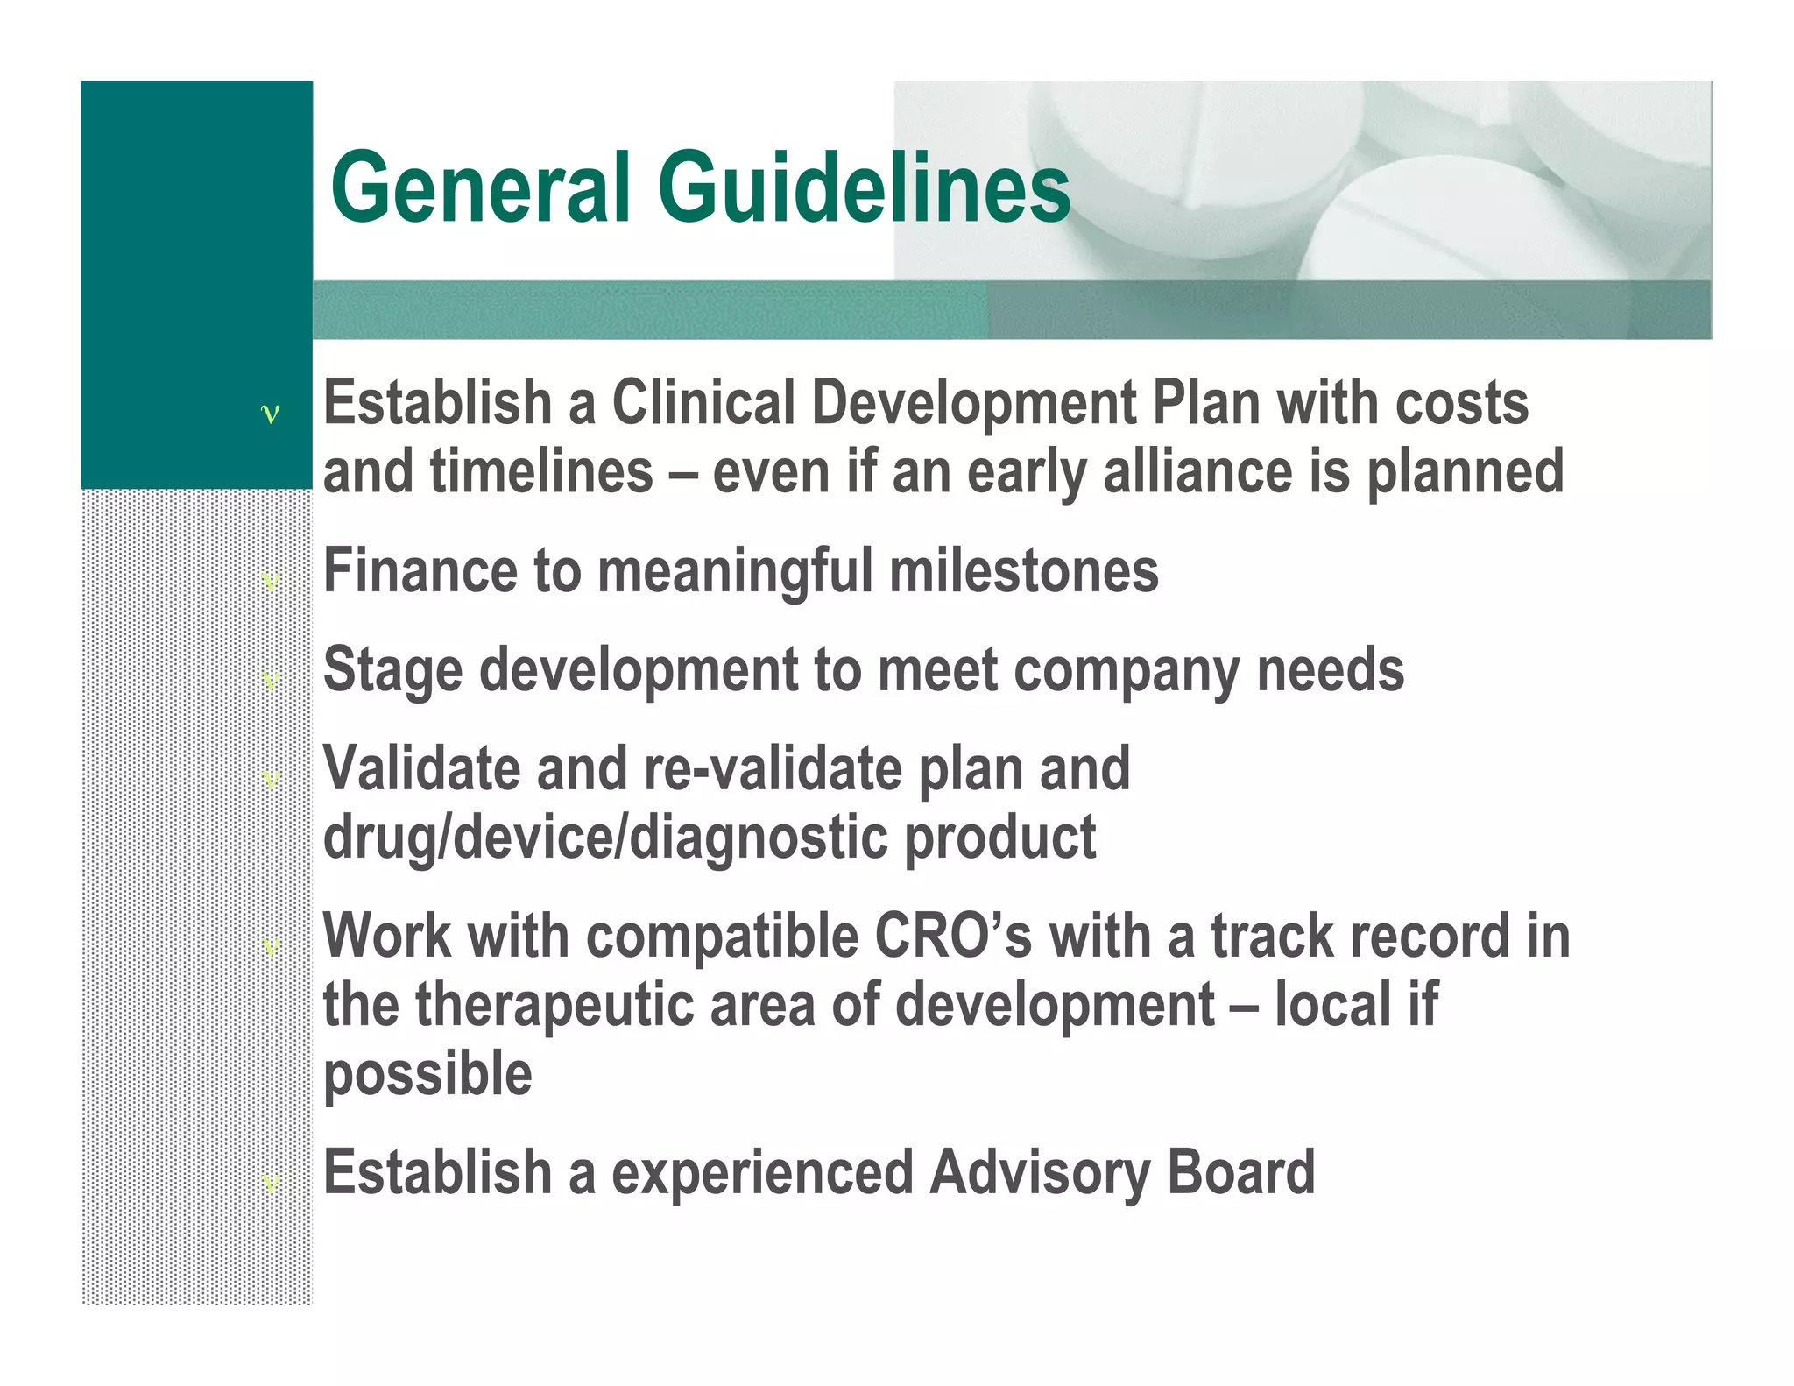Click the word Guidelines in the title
864,187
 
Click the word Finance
420,571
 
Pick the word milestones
1023,571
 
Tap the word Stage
392,671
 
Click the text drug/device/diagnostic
604,838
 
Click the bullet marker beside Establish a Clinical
271,414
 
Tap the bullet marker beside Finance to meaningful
271,581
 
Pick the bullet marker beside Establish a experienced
271,1183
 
